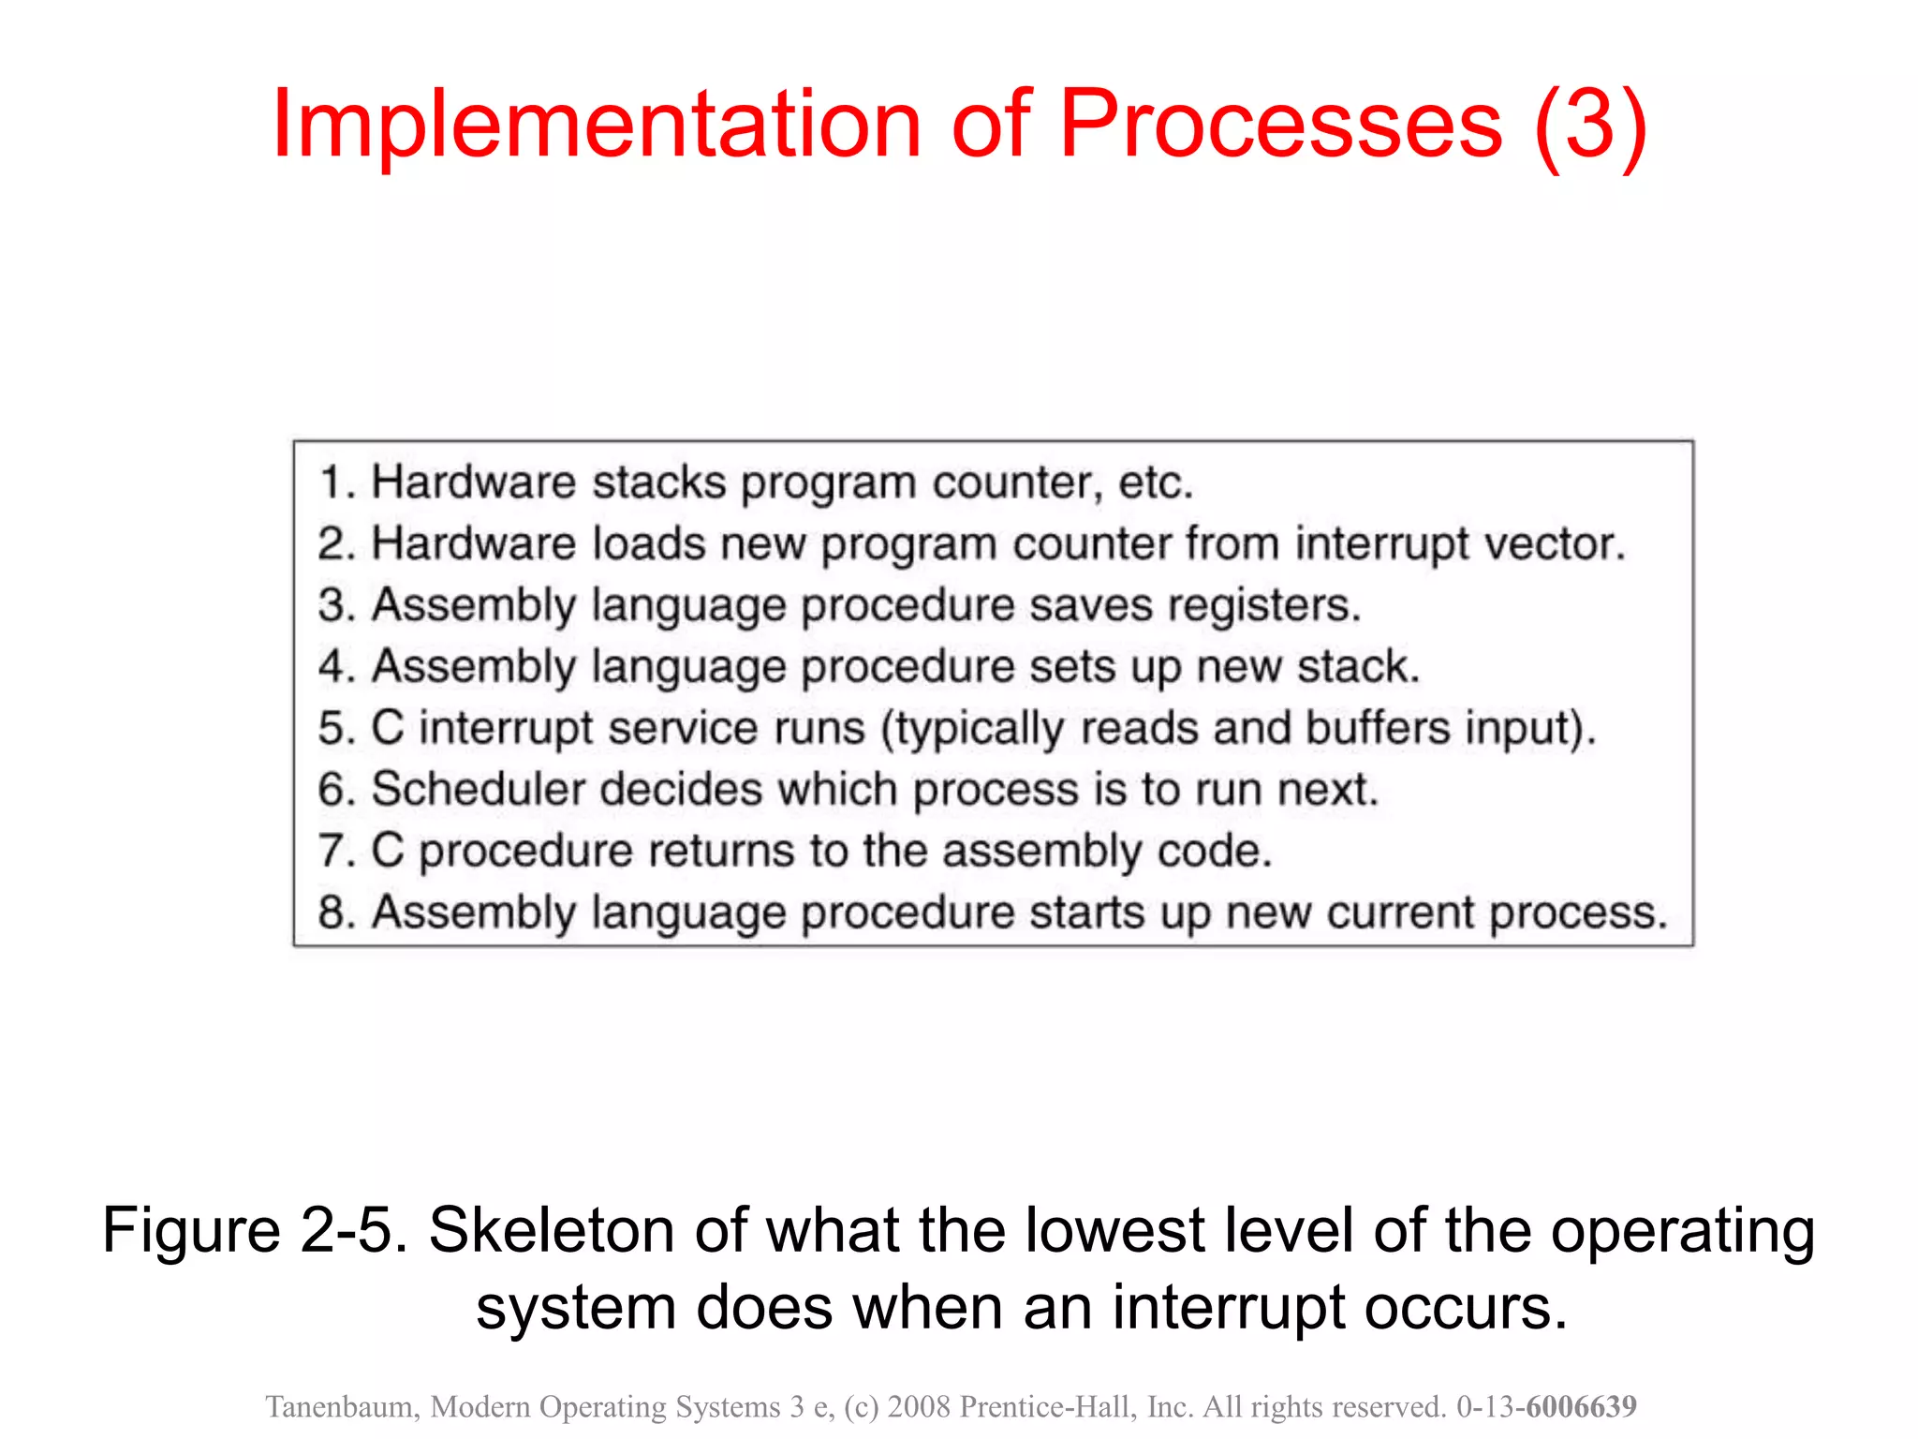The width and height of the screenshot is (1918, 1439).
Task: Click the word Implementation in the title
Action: click(597, 125)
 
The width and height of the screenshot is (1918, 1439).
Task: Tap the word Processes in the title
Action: click(1280, 125)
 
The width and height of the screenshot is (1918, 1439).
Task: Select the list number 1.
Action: click(332, 483)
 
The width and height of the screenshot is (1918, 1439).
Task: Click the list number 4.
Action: click(332, 667)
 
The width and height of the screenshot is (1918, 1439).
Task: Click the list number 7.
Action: click(332, 851)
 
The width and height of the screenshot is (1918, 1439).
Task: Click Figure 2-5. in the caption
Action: click(255, 1230)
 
